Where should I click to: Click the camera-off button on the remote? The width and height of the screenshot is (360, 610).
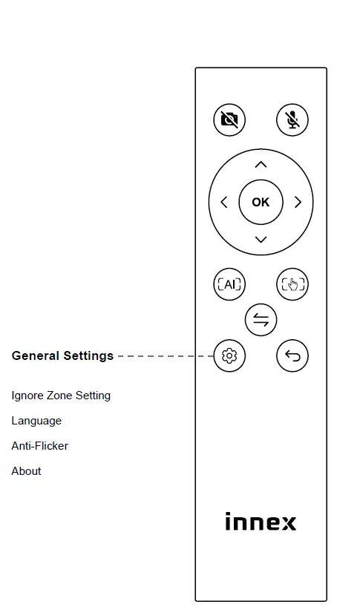pyautogui.click(x=229, y=119)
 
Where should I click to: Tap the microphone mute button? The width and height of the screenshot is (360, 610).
pyautogui.click(x=292, y=119)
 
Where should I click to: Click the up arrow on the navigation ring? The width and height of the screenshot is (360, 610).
pyautogui.click(x=261, y=164)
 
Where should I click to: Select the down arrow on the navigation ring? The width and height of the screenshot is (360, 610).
pyautogui.click(x=261, y=239)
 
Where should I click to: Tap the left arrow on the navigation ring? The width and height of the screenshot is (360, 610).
pyautogui.click(x=223, y=202)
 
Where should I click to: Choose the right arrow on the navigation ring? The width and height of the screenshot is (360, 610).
pyautogui.click(x=298, y=202)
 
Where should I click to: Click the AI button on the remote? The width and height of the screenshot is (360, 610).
pyautogui.click(x=229, y=284)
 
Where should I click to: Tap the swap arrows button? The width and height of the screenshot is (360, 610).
pyautogui.click(x=261, y=320)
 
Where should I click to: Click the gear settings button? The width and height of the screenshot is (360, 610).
pyautogui.click(x=229, y=356)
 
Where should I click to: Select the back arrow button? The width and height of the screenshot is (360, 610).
pyautogui.click(x=292, y=356)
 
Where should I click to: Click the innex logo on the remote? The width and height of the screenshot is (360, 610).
pyautogui.click(x=261, y=522)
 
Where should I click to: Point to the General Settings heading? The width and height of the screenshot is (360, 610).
pyautogui.click(x=62, y=355)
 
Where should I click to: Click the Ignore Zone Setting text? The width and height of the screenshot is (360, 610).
pyautogui.click(x=61, y=396)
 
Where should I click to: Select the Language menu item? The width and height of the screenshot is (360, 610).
pyautogui.click(x=36, y=421)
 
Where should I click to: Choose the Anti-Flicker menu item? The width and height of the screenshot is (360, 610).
pyautogui.click(x=40, y=446)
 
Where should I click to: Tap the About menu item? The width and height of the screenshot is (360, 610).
pyautogui.click(x=27, y=471)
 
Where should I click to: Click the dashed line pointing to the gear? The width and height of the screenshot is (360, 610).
pyautogui.click(x=165, y=356)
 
